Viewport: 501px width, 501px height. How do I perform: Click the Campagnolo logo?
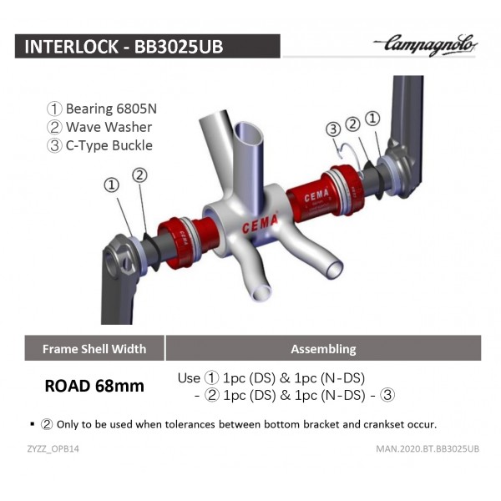click(x=425, y=45)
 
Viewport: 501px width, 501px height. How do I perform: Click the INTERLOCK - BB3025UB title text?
click(x=124, y=47)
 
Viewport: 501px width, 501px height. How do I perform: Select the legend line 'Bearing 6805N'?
click(x=102, y=109)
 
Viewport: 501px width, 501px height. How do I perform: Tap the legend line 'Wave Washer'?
click(x=99, y=127)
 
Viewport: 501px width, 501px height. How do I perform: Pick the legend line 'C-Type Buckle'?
click(x=99, y=145)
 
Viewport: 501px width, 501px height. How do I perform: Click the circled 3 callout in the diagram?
click(x=333, y=129)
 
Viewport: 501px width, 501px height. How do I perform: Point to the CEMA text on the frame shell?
click(x=260, y=223)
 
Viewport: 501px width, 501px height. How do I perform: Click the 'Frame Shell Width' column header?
click(x=94, y=349)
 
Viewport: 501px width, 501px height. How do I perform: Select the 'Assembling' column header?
click(x=323, y=349)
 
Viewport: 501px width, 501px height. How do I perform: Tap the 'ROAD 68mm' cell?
click(x=94, y=386)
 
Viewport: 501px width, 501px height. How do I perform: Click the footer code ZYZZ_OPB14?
click(x=53, y=449)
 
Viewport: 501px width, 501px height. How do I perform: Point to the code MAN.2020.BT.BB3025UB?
click(x=428, y=449)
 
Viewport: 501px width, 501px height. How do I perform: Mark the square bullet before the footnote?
click(x=32, y=424)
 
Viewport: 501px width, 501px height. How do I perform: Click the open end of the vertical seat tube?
click(x=248, y=132)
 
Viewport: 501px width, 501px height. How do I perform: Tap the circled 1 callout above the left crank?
click(x=112, y=185)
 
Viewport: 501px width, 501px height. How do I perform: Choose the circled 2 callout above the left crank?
click(x=140, y=175)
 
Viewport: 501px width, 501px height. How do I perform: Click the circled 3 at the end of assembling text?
click(x=387, y=395)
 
